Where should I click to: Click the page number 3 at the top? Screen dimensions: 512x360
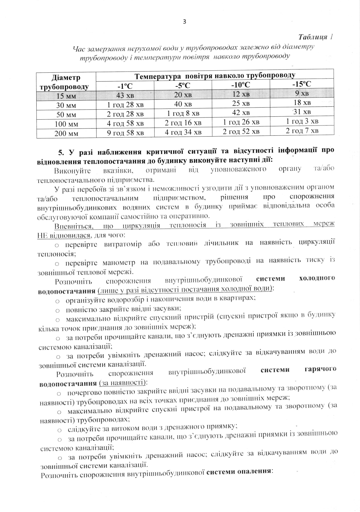184,21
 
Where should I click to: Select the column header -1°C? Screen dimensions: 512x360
125,86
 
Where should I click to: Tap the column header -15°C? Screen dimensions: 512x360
301,84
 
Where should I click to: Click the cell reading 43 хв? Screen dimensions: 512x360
125,95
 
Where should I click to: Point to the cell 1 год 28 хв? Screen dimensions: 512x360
125,105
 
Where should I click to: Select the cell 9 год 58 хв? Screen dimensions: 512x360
125,133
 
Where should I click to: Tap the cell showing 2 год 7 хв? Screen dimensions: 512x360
302,130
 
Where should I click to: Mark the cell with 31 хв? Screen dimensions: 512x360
302,112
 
